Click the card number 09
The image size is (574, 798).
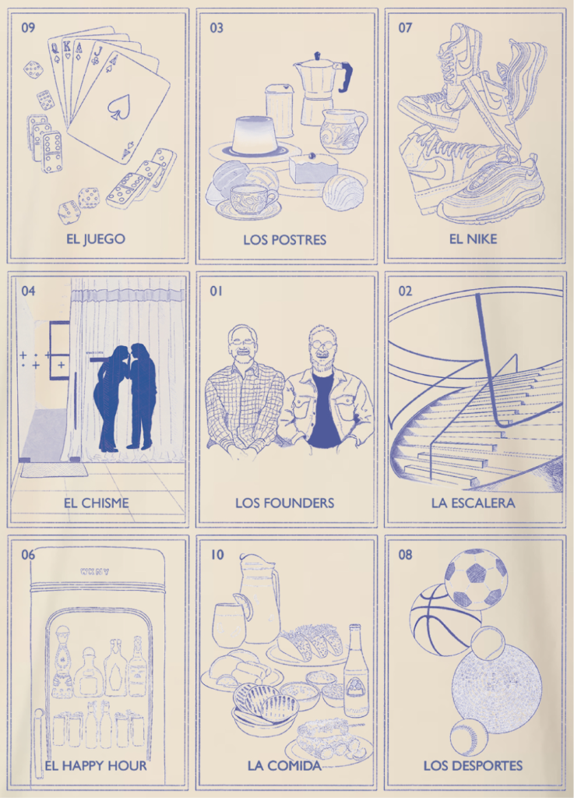29,27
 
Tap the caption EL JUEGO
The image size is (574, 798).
96,238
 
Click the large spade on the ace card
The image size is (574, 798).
119,108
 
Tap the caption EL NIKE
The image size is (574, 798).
473,238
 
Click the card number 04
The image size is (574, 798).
29,291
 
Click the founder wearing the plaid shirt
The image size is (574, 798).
243,394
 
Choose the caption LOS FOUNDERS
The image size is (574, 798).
285,503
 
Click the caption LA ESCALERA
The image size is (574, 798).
474,503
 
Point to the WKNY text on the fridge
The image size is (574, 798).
94,571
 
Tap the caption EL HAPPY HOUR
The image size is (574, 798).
96,765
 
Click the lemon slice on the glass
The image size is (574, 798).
243,605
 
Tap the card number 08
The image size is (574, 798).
405,554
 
